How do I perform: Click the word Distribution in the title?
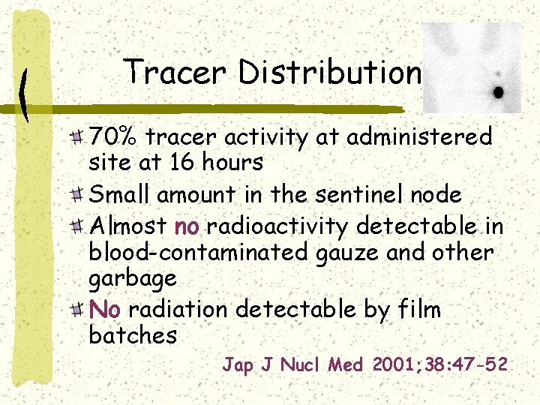(330, 72)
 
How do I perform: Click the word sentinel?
(358, 195)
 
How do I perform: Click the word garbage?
(132, 279)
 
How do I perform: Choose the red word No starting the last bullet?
(104, 309)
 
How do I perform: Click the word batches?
(132, 334)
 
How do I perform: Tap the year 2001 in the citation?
(393, 365)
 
